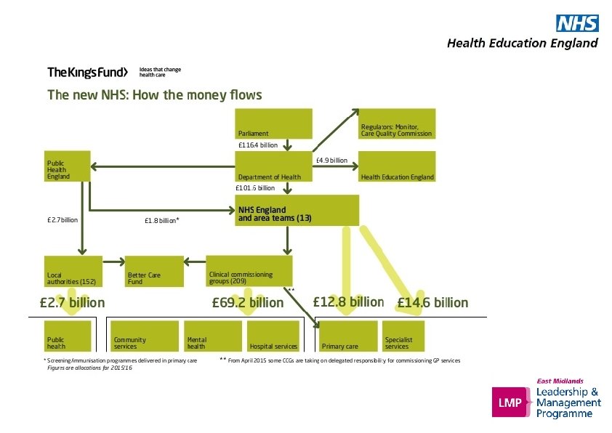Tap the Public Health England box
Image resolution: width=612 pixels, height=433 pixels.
68,166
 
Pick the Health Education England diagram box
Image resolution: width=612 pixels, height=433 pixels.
398,166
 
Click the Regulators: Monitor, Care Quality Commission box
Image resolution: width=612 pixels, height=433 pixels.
398,124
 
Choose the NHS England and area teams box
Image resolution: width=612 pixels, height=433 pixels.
297,210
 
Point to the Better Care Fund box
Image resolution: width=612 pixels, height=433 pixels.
153,270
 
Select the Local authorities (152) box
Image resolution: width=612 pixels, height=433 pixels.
73,270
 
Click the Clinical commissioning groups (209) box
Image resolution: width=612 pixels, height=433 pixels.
249,270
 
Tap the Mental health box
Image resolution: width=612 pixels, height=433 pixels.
212,336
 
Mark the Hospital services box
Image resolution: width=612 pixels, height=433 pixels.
273,336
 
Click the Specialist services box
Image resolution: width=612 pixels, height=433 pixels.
403,336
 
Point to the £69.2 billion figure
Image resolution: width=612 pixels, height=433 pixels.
247,302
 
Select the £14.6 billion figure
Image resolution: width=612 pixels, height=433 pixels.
432,302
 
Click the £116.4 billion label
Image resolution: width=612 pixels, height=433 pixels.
258,145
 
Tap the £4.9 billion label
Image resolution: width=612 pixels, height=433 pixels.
331,160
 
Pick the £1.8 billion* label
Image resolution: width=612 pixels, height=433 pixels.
162,220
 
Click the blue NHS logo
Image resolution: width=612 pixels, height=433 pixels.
577,23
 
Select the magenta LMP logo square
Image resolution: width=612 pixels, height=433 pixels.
508,402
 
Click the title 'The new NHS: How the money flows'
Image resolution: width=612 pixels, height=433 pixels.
154,95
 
